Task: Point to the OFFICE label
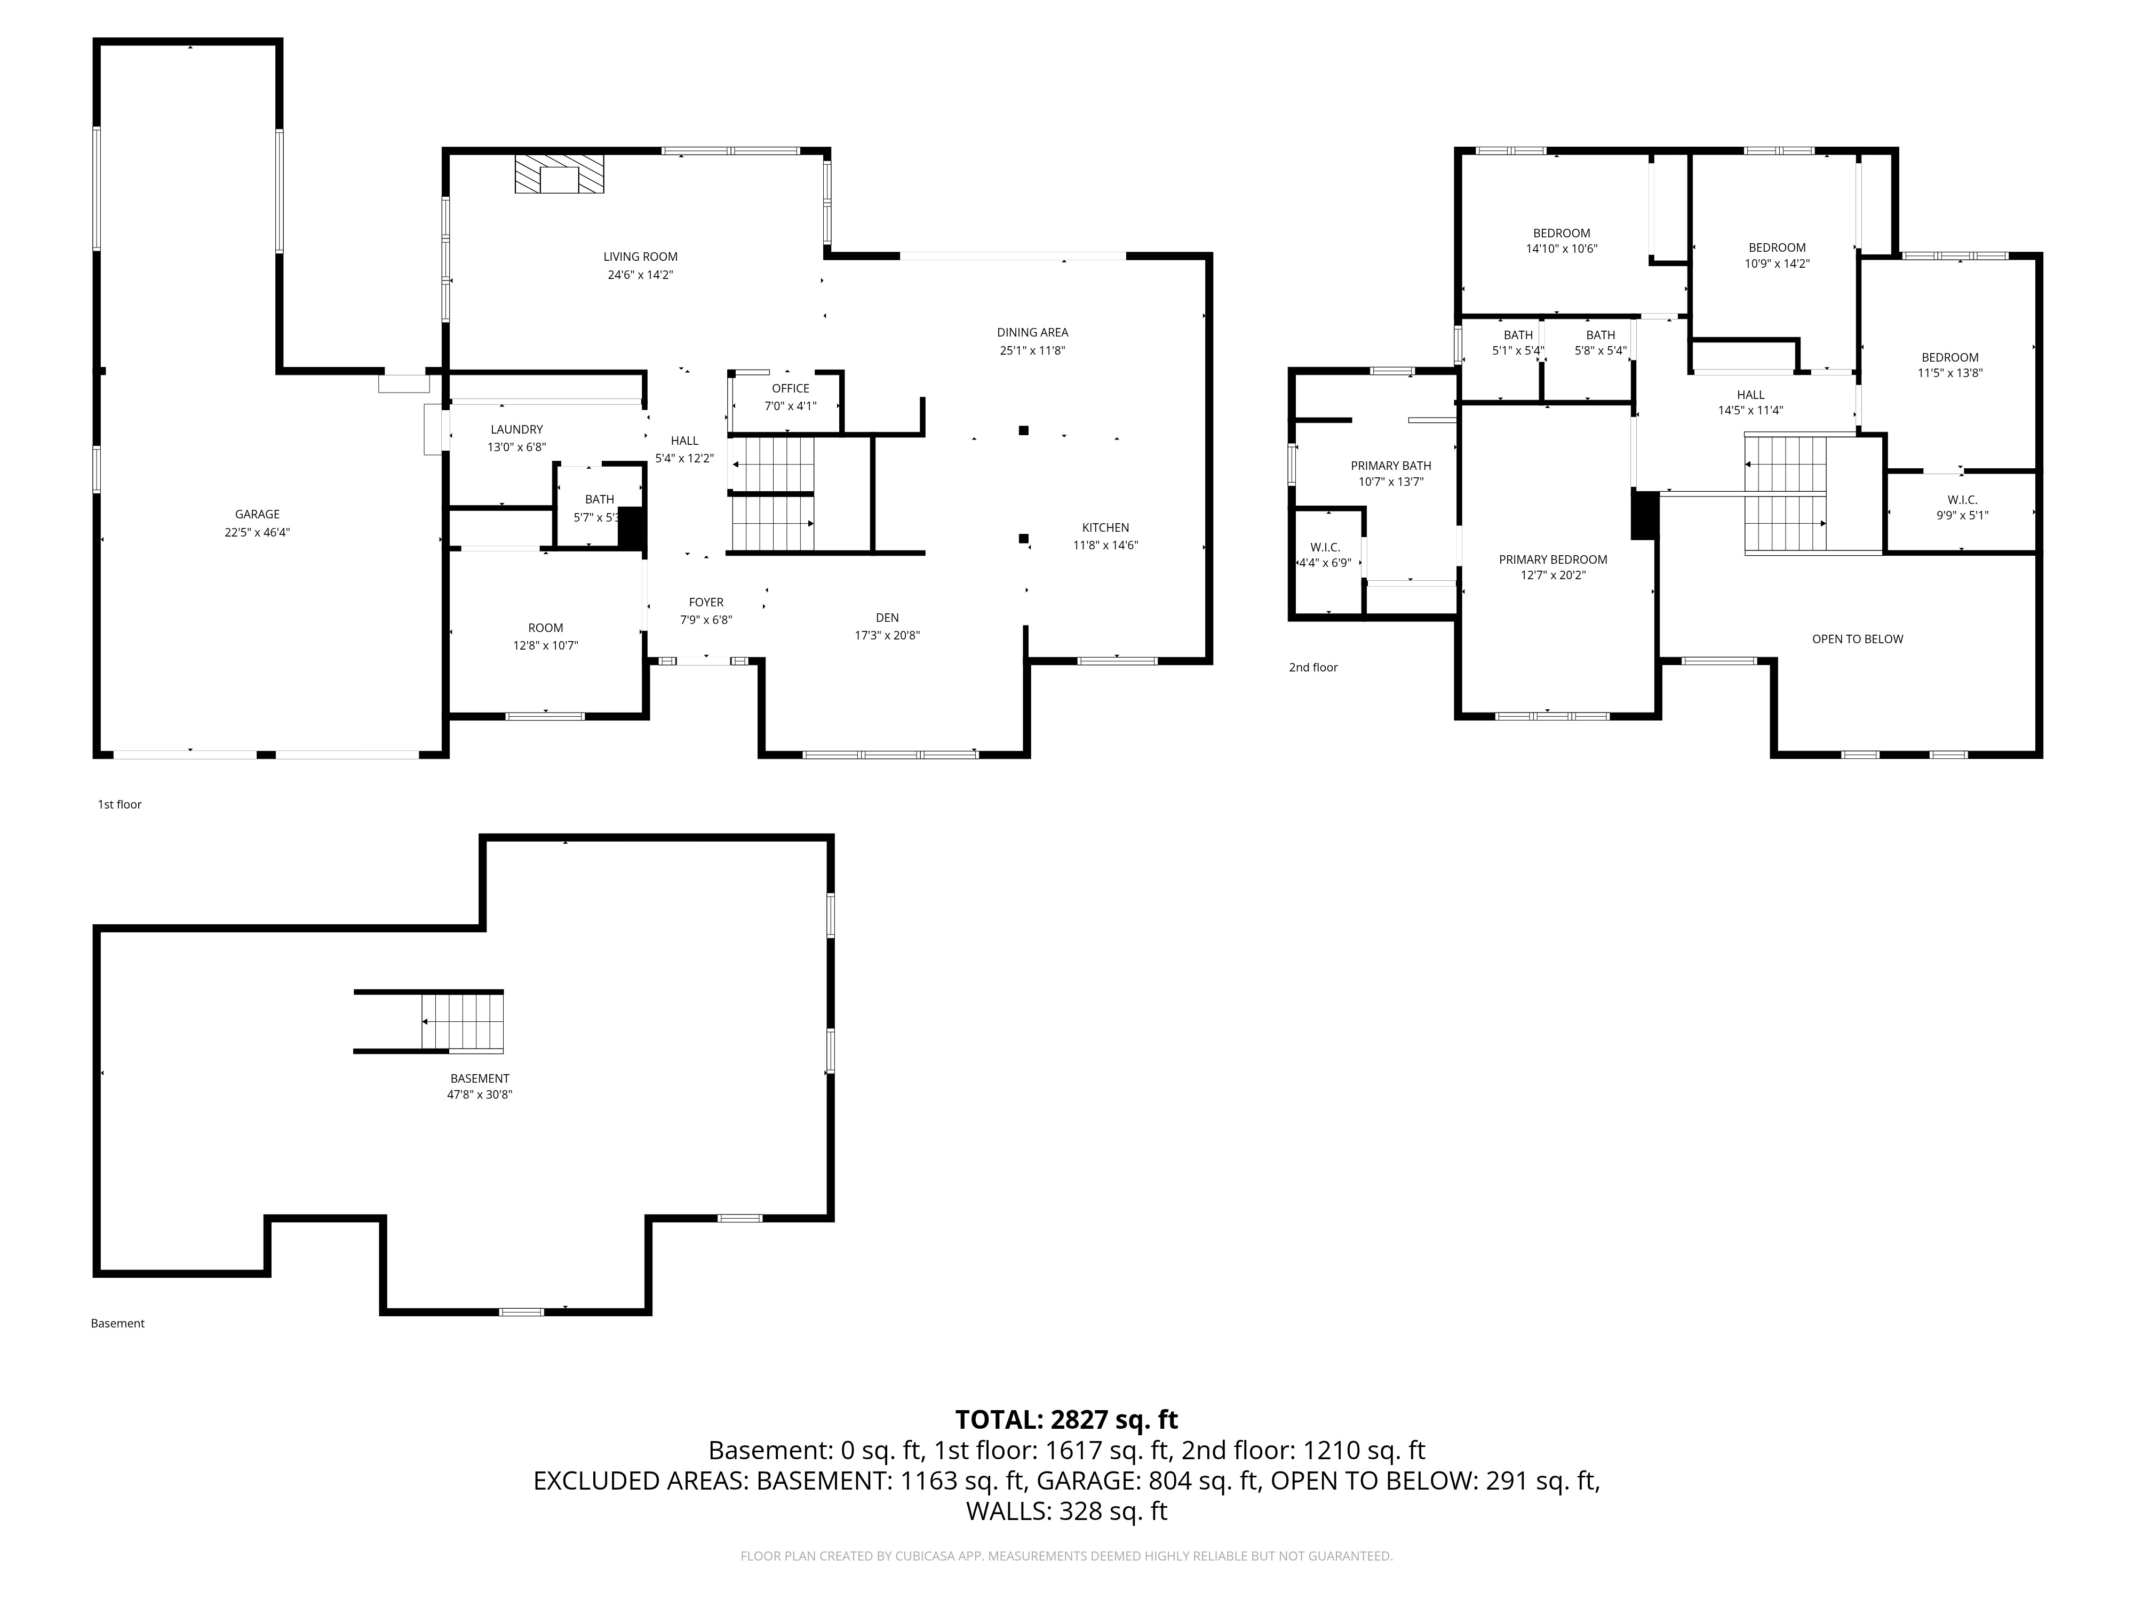point(791,389)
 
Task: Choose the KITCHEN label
point(1105,527)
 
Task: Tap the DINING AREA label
point(1033,333)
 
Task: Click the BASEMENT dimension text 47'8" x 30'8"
point(480,1094)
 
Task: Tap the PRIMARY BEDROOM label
point(1553,559)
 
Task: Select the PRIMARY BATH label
point(1391,466)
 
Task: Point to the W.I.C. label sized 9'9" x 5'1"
point(1962,500)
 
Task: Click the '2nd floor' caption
point(1313,667)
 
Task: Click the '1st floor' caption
point(120,804)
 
